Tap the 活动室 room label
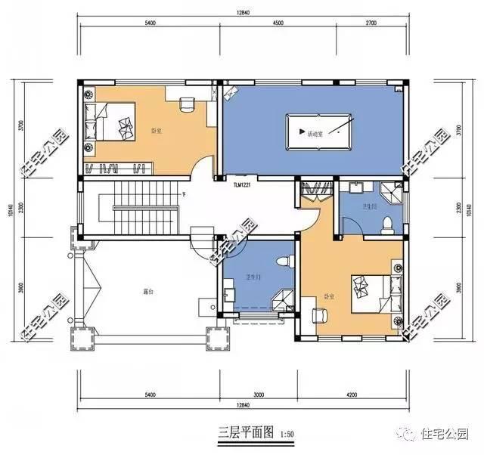pyautogui.click(x=315, y=134)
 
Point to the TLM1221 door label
pyautogui.click(x=242, y=184)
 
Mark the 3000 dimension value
pyautogui.click(x=259, y=395)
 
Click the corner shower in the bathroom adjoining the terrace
pyautogui.click(x=283, y=299)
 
